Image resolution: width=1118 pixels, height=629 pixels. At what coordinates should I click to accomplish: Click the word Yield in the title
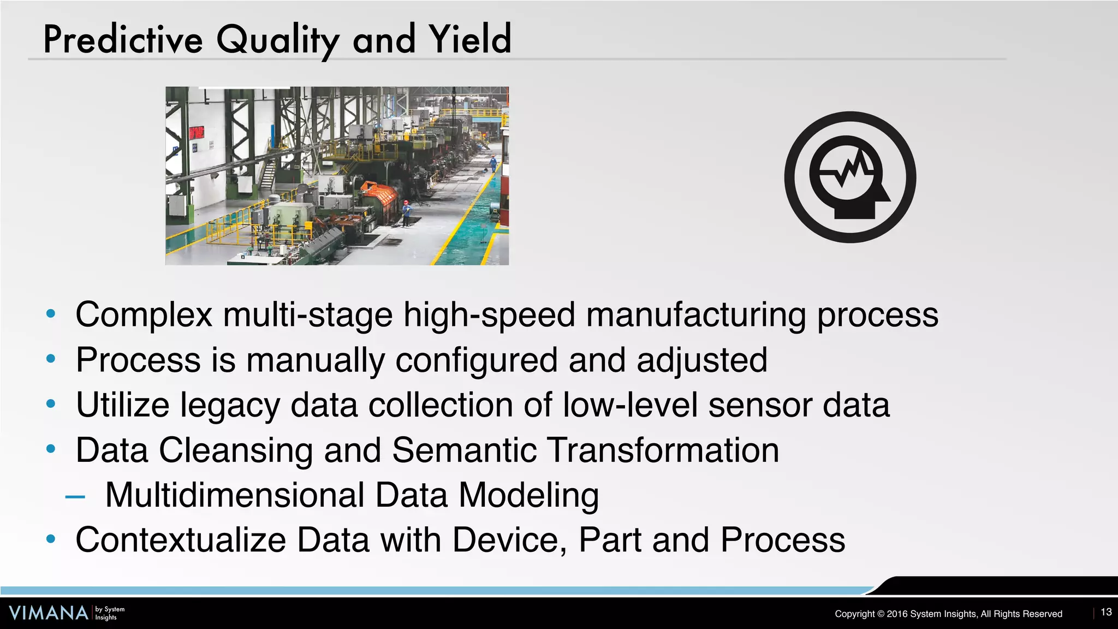click(x=470, y=39)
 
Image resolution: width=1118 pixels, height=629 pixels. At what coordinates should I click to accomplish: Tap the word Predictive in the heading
click(x=123, y=39)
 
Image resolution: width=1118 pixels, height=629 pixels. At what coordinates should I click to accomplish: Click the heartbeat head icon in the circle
click(x=850, y=177)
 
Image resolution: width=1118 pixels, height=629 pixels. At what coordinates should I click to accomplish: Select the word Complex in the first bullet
click(x=144, y=315)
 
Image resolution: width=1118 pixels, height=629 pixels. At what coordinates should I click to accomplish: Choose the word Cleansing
click(x=236, y=450)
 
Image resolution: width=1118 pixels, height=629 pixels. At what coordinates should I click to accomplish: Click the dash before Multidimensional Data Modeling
click(x=75, y=496)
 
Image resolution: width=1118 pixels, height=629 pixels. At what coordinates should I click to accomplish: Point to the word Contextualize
click(x=181, y=540)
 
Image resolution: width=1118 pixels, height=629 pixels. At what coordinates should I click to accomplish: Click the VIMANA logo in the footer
click(x=49, y=613)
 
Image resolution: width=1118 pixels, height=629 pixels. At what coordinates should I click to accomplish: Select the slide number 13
click(x=1106, y=612)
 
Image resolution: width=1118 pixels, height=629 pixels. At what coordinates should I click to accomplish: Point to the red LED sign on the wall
click(x=196, y=132)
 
